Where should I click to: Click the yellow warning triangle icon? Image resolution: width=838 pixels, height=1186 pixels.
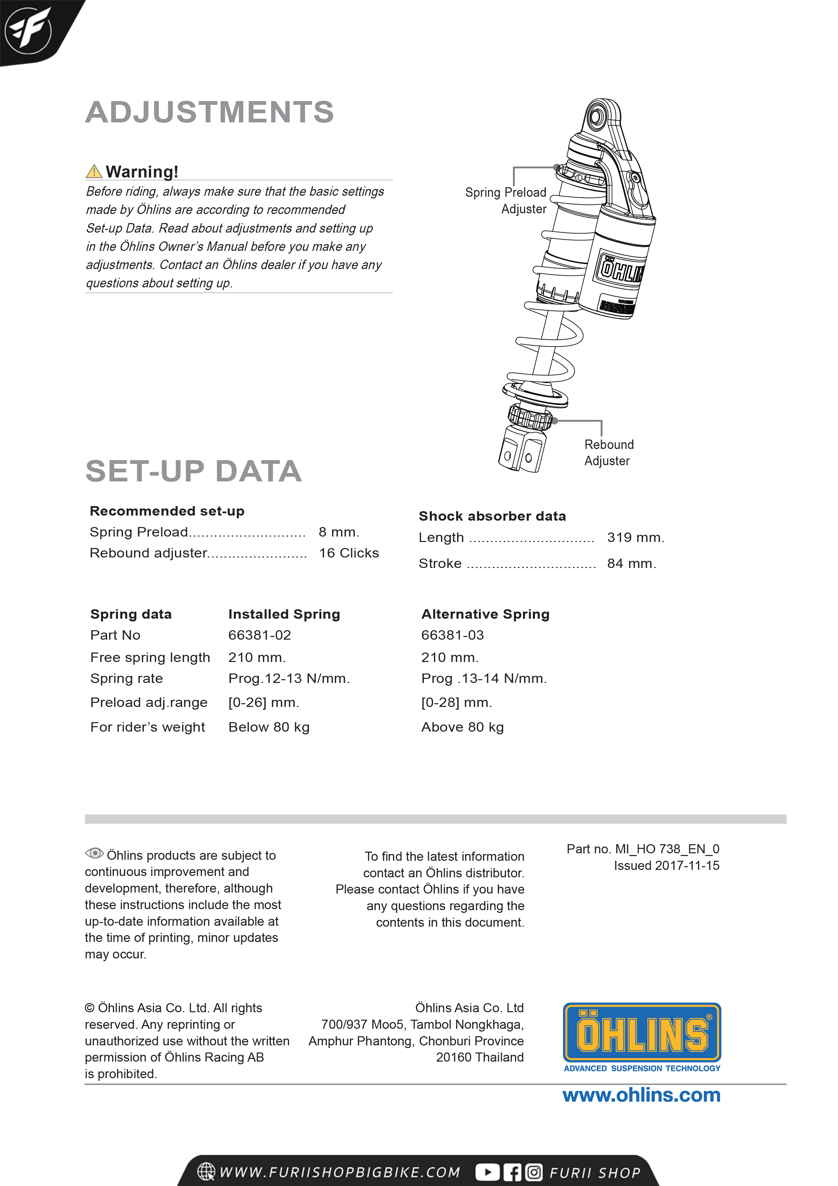point(94,171)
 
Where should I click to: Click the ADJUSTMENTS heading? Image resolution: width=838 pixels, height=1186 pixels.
point(209,112)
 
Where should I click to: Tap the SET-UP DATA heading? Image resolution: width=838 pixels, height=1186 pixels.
point(194,471)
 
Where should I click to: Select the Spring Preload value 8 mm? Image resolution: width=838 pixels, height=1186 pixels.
point(339,532)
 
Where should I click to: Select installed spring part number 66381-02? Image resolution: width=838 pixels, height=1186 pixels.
point(260,635)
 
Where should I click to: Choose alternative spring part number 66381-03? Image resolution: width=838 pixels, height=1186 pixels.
point(453,635)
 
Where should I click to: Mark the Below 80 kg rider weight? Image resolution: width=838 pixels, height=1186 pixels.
point(269,727)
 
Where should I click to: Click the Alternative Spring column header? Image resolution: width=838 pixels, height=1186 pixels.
point(485,614)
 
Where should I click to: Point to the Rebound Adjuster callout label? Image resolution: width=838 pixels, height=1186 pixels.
point(609,452)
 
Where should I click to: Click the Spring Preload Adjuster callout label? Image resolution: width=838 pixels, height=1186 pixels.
point(506,200)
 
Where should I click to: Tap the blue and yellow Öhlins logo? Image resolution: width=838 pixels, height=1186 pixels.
point(642,1033)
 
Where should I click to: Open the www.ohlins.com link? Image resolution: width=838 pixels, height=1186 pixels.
point(641,1095)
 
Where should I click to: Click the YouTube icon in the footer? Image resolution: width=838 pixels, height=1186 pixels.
point(487,1172)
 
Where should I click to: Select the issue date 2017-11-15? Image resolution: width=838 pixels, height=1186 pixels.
point(687,866)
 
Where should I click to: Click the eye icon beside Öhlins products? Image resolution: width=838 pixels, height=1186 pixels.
point(94,853)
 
